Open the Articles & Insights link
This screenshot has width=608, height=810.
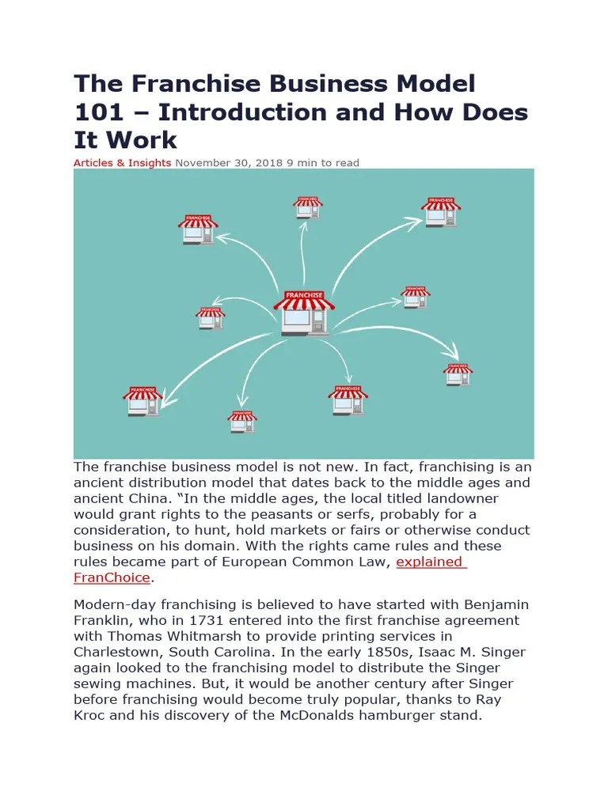(x=122, y=163)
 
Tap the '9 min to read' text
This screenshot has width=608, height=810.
(x=323, y=163)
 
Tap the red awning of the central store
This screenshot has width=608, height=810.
(x=304, y=300)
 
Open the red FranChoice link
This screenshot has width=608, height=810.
(x=112, y=577)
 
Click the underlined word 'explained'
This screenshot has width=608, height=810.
(x=429, y=562)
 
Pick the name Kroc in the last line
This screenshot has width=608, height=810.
(x=91, y=715)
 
